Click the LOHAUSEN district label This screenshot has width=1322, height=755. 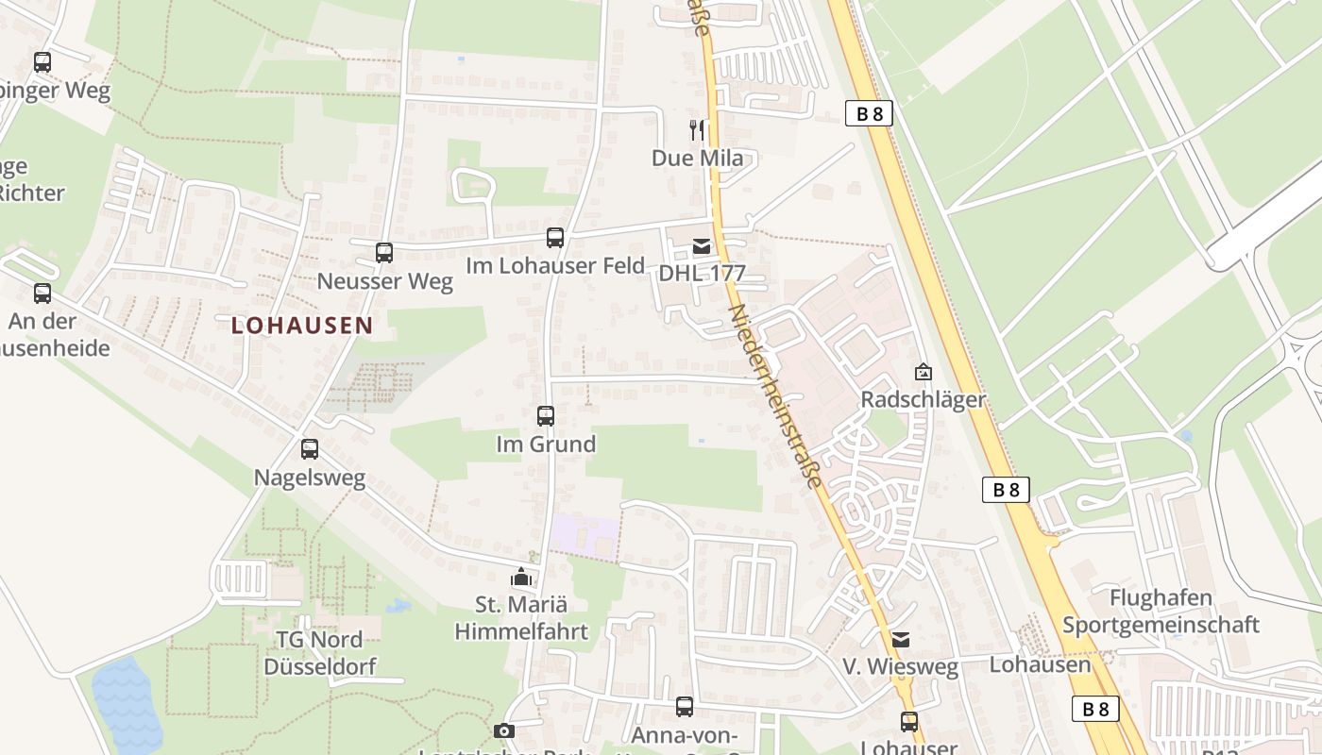click(x=302, y=326)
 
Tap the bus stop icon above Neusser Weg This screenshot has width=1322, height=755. click(x=383, y=253)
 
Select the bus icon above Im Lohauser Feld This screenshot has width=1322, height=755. click(x=555, y=238)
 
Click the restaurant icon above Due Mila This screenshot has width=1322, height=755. click(x=697, y=130)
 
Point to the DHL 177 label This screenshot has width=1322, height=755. click(x=702, y=275)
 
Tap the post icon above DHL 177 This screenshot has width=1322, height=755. click(x=702, y=247)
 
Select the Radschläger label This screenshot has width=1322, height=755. click(x=923, y=400)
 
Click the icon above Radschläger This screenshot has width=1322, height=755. click(x=923, y=373)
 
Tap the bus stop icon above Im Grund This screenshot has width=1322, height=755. click(x=546, y=416)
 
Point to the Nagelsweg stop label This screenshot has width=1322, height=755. click(x=310, y=478)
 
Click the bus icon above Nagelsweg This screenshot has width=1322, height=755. click(x=310, y=449)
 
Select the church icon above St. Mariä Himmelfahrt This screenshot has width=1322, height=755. click(x=520, y=576)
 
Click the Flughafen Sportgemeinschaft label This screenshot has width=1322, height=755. click(x=1161, y=612)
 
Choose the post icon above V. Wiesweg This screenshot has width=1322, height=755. click(x=901, y=640)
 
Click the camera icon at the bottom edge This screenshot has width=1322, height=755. click(x=504, y=730)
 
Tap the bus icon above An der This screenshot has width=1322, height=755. click(x=42, y=294)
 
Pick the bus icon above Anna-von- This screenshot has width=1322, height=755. click(x=685, y=707)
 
